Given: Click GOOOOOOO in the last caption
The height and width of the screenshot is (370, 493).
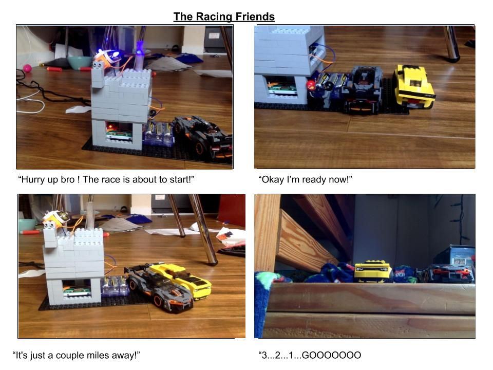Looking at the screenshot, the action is click(331, 355).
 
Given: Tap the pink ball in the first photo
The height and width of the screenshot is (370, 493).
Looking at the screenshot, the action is click(27, 68).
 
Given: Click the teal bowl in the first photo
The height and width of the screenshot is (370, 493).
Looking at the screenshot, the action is click(80, 62).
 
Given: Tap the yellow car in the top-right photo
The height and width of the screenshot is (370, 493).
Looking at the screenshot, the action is click(413, 87).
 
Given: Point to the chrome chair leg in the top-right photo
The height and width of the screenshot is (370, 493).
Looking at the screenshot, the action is click(451, 43).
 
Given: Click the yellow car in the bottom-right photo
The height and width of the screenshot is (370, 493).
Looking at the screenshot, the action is click(373, 271).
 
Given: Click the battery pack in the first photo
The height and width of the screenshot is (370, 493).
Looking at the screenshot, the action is click(159, 134).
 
